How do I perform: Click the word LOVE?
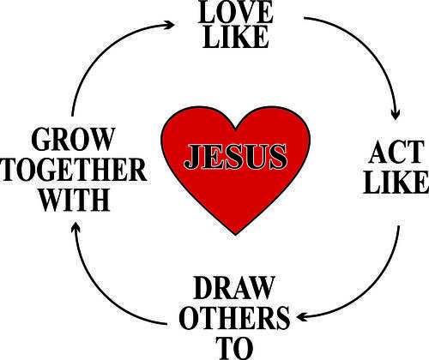point(235,11)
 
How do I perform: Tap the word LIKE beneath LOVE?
point(236,37)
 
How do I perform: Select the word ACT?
point(396,153)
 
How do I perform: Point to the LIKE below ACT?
point(396,183)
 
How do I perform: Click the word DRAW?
point(234,288)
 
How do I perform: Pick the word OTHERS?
point(234,318)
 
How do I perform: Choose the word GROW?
point(73,139)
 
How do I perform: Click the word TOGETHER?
point(74,169)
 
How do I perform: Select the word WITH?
point(75,200)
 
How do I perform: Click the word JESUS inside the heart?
point(235,157)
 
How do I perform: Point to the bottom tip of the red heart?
point(236,235)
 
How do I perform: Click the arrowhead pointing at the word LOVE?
point(169,25)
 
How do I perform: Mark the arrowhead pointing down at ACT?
point(396,115)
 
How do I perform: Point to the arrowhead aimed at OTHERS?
point(302,316)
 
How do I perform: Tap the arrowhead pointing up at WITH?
point(76,227)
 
